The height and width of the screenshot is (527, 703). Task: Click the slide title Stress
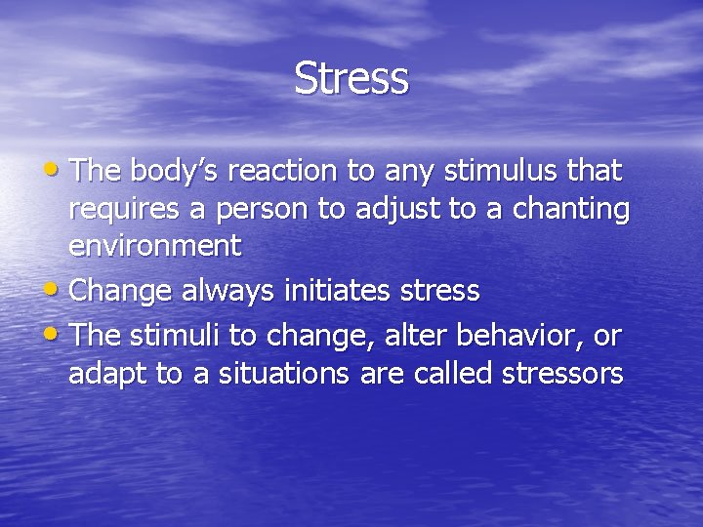click(x=351, y=79)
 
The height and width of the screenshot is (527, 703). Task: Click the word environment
click(x=154, y=246)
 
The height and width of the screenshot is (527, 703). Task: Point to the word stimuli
click(x=176, y=336)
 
